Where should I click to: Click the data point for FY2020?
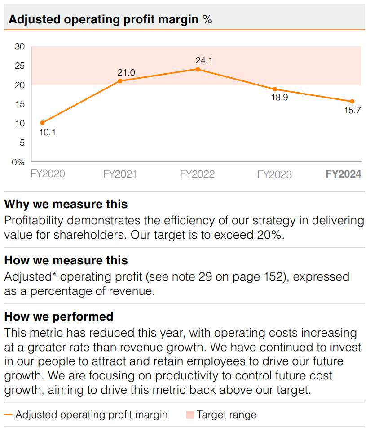pyautogui.click(x=43, y=123)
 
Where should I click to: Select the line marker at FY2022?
pyautogui.click(x=198, y=69)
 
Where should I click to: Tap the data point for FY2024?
pyautogui.click(x=352, y=101)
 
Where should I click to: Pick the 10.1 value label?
pyautogui.click(x=48, y=133)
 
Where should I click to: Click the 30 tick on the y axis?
pyautogui.click(x=20, y=47)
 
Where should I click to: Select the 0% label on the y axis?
pyautogui.click(x=18, y=162)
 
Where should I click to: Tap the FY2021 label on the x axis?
pyautogui.click(x=120, y=174)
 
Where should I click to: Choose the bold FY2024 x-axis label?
pyautogui.click(x=344, y=174)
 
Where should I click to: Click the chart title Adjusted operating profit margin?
pyautogui.click(x=103, y=19)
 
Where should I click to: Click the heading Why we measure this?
pyautogui.click(x=66, y=204)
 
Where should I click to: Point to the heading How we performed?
pyautogui.click(x=59, y=317)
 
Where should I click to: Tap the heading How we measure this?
pyautogui.click(x=66, y=260)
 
